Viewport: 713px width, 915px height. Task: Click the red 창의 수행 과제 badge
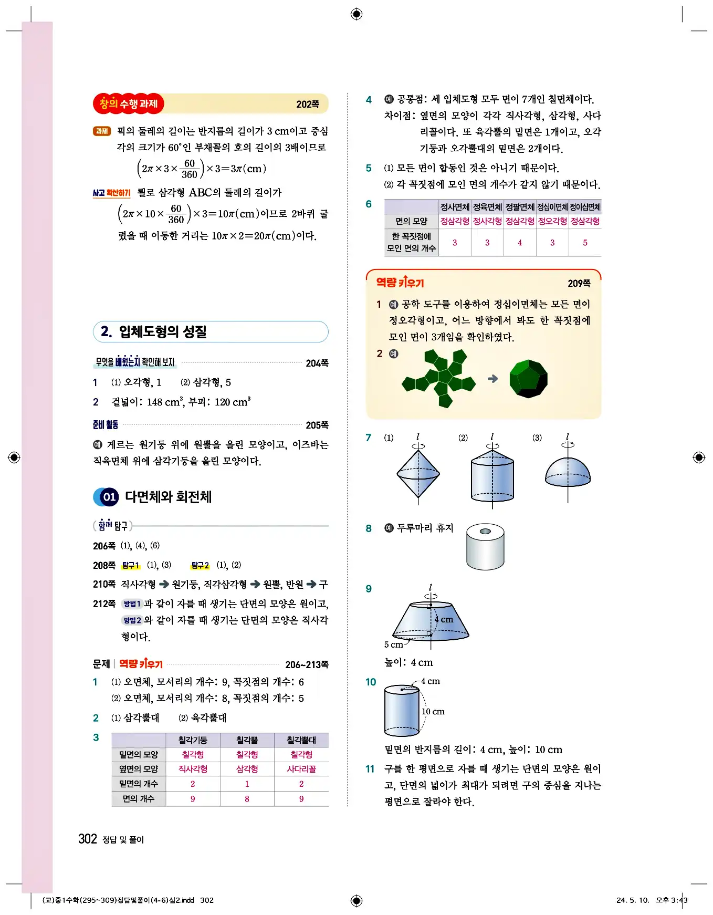129,103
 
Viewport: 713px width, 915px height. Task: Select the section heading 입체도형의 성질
162,331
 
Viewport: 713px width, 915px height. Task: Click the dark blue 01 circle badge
109,497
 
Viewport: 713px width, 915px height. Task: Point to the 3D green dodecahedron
528,379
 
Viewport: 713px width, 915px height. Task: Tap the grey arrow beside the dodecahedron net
492,378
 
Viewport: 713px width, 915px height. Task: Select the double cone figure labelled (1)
418,473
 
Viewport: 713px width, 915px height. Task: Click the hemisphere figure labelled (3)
568,473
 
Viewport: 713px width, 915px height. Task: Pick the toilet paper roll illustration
485,546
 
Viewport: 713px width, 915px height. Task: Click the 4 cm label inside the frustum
444,619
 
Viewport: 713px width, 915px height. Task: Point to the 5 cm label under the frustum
393,644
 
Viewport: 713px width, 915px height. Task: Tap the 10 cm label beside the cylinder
433,711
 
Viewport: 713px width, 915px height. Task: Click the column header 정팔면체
519,207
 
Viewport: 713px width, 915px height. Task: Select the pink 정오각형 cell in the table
552,221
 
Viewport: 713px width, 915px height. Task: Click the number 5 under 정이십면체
585,243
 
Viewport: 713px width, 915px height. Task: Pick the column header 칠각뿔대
301,740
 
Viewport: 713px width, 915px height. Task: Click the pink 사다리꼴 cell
301,769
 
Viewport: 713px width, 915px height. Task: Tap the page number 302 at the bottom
88,839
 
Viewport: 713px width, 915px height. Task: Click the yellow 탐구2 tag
200,565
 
